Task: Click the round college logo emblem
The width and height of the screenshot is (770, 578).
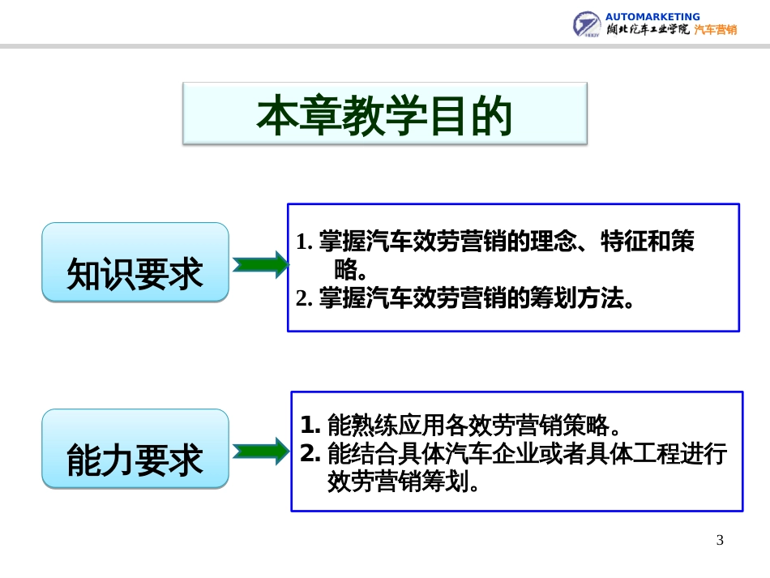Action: tap(586, 24)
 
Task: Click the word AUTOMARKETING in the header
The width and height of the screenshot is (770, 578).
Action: tap(652, 17)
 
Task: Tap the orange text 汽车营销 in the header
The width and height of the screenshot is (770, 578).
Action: tap(716, 29)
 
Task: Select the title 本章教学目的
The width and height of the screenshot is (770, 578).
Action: tap(384, 115)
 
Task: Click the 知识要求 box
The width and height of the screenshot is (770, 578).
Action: tap(135, 262)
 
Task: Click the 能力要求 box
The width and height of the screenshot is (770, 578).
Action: tap(135, 448)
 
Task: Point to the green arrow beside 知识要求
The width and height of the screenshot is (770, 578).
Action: tap(260, 265)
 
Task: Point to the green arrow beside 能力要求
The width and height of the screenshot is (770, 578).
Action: tap(260, 451)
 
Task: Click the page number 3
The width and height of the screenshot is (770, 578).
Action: tap(720, 540)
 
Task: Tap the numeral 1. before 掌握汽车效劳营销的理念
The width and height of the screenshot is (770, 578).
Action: tap(304, 242)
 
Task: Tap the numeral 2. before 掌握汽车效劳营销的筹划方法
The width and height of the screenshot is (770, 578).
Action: tap(304, 298)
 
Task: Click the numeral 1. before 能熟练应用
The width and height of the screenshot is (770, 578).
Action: tap(310, 425)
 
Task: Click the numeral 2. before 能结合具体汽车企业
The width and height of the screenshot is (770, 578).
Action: tap(310, 453)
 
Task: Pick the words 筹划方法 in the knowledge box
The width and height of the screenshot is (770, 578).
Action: tap(577, 298)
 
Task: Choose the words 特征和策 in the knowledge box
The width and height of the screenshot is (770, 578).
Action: tap(648, 241)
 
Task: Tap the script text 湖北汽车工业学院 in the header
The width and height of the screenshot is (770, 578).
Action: tap(648, 29)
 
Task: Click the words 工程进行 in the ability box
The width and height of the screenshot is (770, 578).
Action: tap(680, 453)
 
